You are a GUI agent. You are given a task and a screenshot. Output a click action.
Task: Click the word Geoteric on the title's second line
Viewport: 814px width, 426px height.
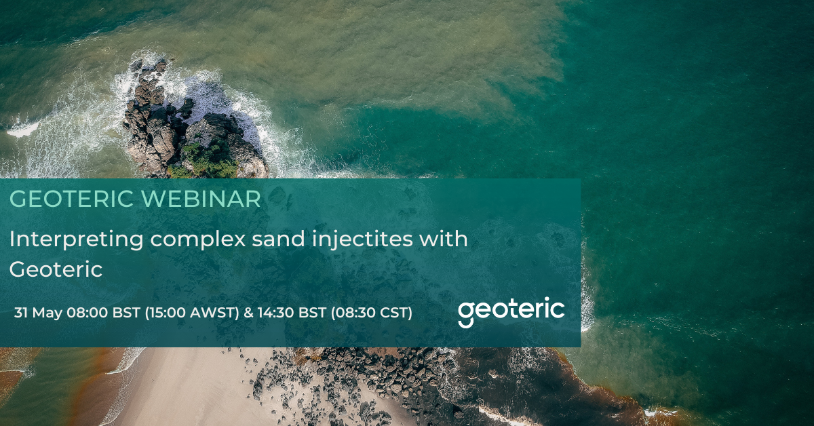point(56,270)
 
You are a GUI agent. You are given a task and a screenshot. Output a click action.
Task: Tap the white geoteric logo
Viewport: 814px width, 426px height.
point(511,311)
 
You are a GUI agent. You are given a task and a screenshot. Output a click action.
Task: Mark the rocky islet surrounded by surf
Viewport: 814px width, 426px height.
point(190,122)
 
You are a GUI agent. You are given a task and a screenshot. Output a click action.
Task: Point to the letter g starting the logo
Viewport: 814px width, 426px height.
point(466,314)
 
